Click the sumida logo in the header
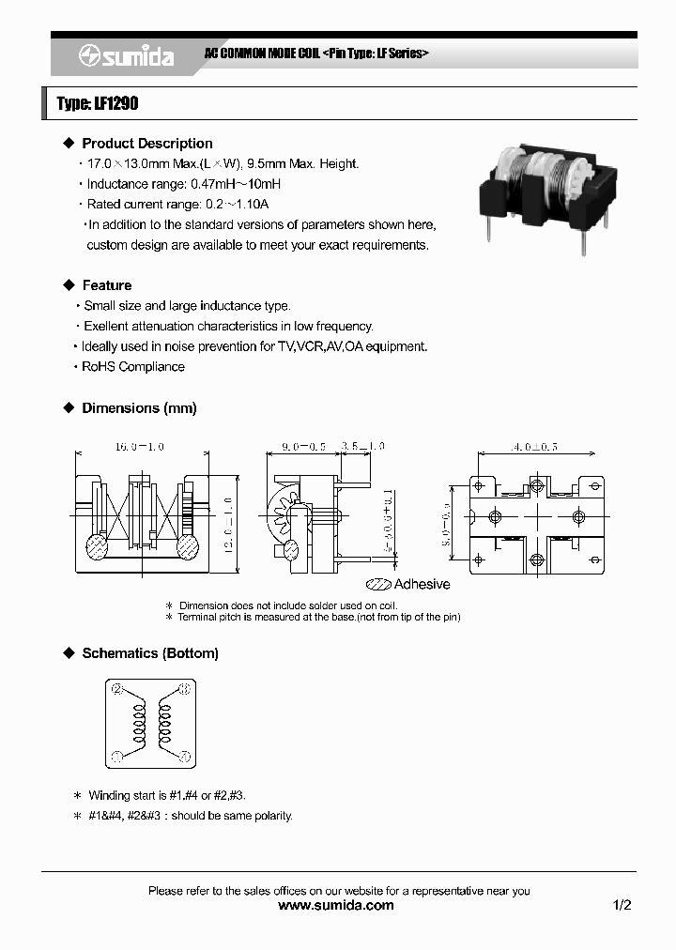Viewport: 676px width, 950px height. (126, 56)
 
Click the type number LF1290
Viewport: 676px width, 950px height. (98, 103)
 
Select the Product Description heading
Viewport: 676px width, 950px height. (147, 144)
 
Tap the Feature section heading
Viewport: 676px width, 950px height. (107, 285)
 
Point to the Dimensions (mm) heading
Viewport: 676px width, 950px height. (139, 408)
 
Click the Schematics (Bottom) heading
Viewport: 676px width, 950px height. (150, 653)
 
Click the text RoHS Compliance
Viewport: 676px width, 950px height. (133, 367)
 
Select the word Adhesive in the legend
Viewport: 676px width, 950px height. (422, 584)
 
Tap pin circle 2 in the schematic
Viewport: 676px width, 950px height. (117, 690)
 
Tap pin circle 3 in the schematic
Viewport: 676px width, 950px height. (184, 690)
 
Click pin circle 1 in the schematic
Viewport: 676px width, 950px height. (117, 756)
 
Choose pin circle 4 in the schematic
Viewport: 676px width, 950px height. (184, 756)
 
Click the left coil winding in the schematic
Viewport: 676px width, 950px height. (140, 723)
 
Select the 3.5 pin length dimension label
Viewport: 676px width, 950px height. (361, 447)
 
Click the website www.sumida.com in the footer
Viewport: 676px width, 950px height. (337, 906)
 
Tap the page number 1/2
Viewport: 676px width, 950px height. (622, 906)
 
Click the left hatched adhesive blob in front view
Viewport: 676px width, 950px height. (97, 545)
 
